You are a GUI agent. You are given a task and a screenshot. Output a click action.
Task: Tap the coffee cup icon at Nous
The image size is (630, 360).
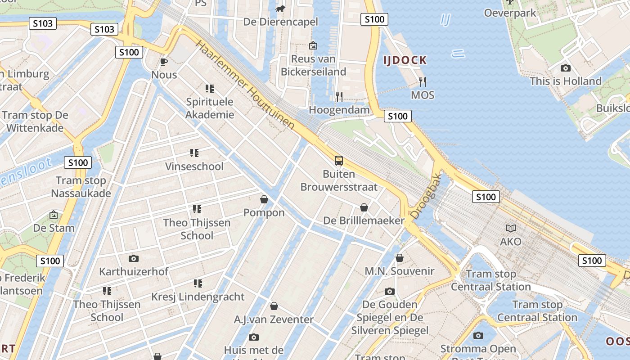tap(164, 62)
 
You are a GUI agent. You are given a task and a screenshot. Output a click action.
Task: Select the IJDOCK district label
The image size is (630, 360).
tap(405, 60)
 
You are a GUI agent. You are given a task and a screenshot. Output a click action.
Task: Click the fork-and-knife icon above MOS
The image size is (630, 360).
tap(423, 81)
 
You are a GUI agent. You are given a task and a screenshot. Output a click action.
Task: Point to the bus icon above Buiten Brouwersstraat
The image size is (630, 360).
tap(338, 160)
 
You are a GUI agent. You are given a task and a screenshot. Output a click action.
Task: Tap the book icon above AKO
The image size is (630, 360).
tap(510, 228)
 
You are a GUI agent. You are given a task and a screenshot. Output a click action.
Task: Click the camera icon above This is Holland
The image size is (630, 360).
tap(566, 68)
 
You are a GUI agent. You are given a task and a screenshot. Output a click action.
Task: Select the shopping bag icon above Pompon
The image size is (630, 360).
tap(264, 199)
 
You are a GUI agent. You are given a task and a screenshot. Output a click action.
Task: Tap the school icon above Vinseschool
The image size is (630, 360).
tap(194, 153)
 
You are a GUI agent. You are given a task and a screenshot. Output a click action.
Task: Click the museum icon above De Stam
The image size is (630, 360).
tap(54, 215)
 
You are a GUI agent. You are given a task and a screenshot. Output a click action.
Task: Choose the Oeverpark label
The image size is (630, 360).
tap(510, 13)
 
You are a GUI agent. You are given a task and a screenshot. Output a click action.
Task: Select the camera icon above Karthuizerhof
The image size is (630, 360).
tap(133, 258)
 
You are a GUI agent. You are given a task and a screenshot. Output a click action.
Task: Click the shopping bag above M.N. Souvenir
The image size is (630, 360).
tap(399, 258)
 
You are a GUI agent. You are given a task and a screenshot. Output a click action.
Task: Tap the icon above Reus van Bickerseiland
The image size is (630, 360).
tap(313, 45)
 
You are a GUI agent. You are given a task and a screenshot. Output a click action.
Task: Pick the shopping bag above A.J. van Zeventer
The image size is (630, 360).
tap(274, 306)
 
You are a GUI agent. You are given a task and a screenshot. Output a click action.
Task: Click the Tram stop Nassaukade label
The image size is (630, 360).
tap(81, 187)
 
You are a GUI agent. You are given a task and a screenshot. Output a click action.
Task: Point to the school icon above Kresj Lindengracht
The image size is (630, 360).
tap(198, 283)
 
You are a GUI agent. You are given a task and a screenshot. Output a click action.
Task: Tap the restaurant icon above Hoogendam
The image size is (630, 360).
tap(339, 96)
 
